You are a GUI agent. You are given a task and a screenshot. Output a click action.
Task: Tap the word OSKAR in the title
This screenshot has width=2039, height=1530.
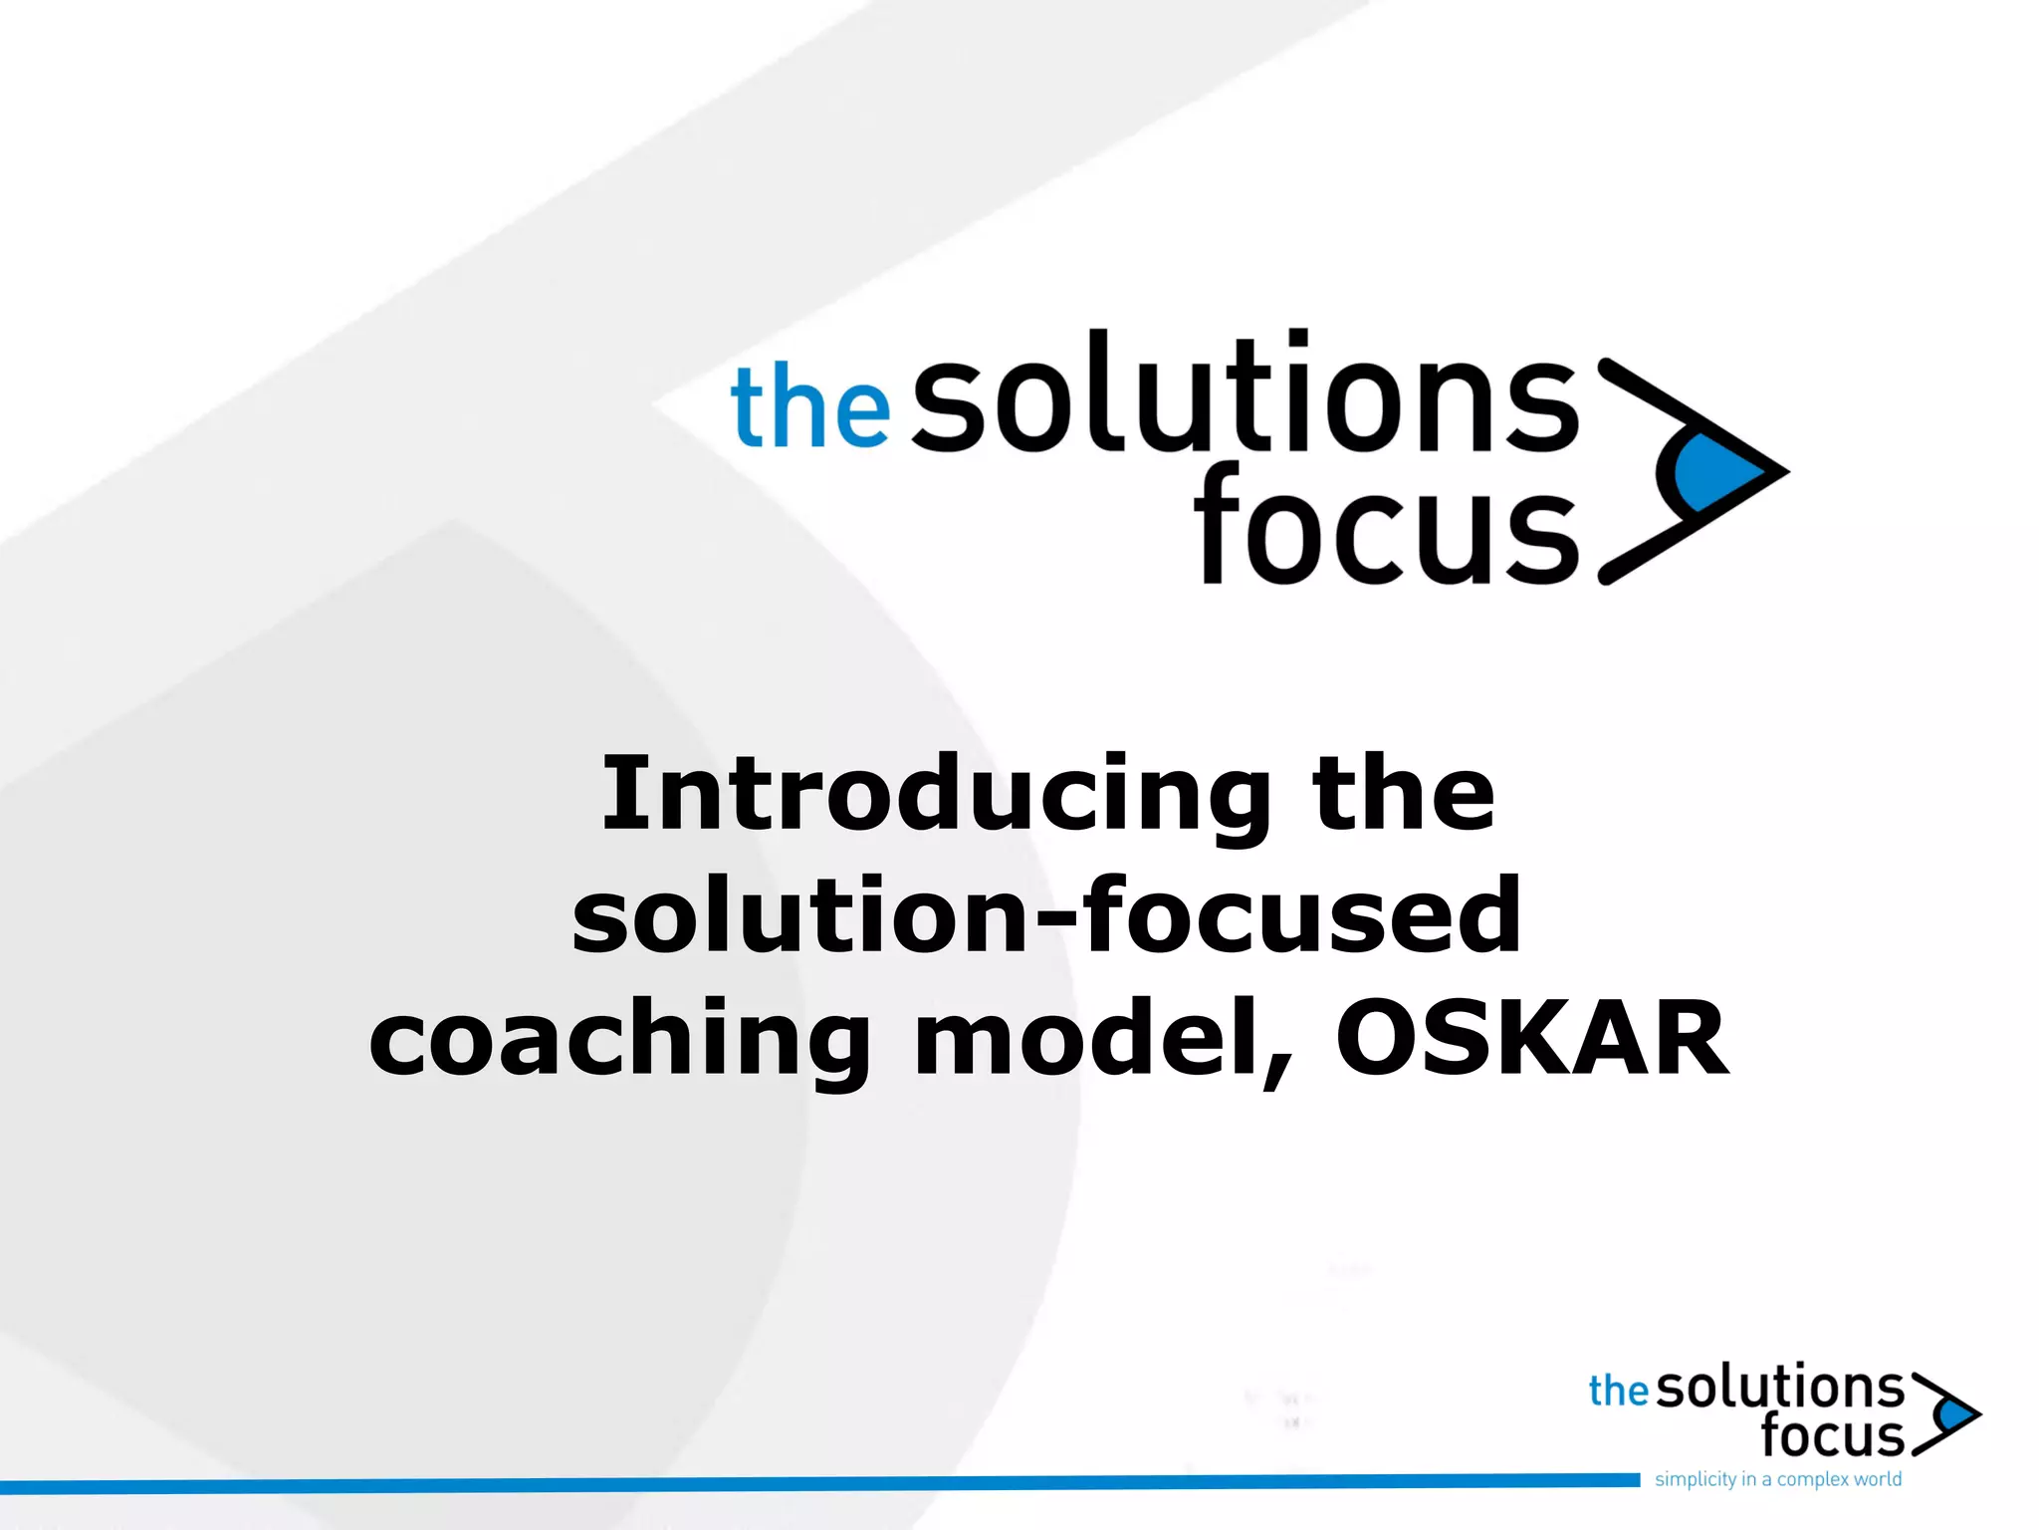pos(1531,1040)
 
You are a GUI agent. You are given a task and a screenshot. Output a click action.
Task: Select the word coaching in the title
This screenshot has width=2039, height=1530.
pos(619,1042)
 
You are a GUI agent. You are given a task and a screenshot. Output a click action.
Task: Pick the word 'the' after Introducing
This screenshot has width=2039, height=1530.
pos(1404,795)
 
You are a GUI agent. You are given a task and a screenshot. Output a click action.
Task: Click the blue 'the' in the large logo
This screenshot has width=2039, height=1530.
pos(809,406)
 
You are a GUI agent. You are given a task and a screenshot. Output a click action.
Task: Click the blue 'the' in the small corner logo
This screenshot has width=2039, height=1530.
pos(1618,1392)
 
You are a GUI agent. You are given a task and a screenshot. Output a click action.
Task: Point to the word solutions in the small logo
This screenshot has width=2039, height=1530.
pos(1779,1388)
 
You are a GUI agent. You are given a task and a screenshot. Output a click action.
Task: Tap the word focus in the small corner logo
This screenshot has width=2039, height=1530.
pos(1831,1435)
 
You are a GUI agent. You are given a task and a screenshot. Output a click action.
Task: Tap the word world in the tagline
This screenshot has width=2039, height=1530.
pos(1877,1479)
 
